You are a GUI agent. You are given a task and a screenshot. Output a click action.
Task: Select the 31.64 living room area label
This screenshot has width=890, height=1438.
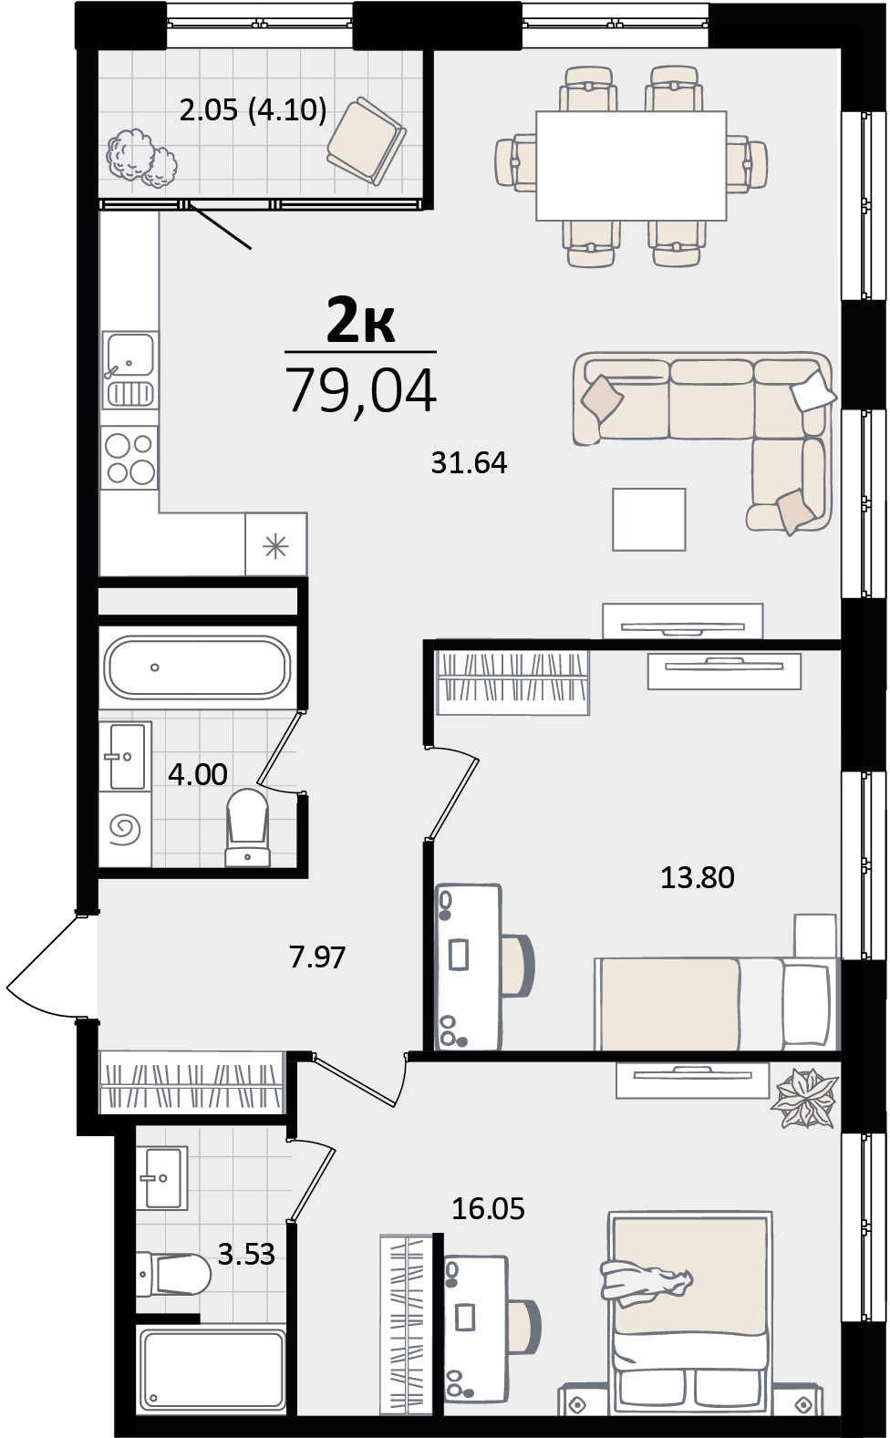point(470,463)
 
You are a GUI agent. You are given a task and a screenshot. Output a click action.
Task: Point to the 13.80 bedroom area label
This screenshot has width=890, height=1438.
point(698,877)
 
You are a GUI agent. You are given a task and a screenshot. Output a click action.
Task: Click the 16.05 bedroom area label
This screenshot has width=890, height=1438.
point(488,1209)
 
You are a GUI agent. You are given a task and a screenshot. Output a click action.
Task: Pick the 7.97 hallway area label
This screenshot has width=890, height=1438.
point(317,957)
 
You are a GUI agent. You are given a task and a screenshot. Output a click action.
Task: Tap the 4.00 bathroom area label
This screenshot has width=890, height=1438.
point(198,775)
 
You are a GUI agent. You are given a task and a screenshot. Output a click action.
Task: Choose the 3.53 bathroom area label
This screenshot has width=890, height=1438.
point(246,1254)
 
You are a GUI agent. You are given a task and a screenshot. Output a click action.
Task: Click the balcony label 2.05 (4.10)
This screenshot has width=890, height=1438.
point(253,110)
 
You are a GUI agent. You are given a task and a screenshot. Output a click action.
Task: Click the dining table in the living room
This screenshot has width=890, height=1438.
point(631,166)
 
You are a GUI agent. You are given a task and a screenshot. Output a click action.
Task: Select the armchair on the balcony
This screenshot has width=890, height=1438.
point(366,141)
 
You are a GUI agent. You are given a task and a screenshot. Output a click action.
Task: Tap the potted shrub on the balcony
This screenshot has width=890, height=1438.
point(141,158)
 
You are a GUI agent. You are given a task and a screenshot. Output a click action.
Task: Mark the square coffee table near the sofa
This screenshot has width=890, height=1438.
point(648,520)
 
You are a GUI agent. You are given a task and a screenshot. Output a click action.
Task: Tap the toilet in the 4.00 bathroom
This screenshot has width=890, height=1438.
point(248,827)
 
